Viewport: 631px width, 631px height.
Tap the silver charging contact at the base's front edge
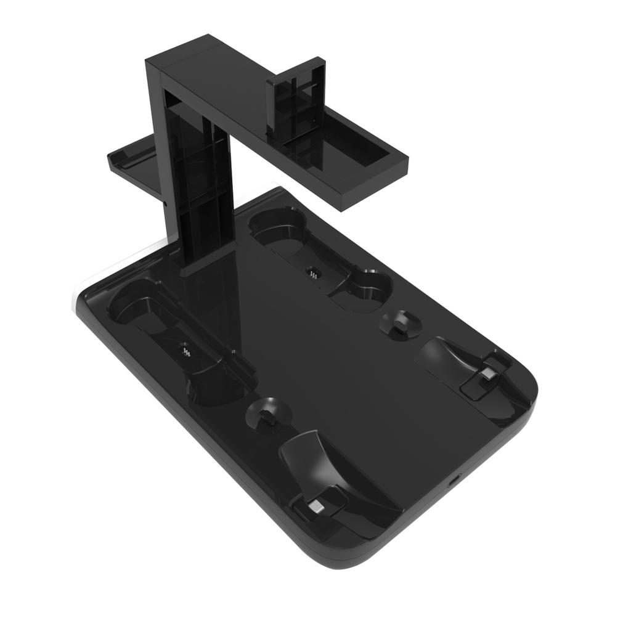[x=315, y=506]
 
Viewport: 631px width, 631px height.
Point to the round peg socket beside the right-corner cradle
[x=400, y=323]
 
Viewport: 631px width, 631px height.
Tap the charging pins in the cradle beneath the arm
[x=312, y=272]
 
